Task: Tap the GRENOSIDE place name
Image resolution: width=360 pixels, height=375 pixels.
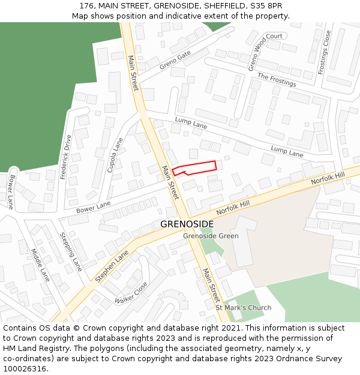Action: click(x=187, y=224)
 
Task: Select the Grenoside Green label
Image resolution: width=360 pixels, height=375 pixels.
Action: click(x=211, y=236)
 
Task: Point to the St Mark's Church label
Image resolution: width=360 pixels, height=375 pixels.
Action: click(x=243, y=308)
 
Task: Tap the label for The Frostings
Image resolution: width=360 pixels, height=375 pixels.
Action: click(x=277, y=80)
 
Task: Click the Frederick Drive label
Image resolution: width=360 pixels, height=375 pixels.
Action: click(x=65, y=157)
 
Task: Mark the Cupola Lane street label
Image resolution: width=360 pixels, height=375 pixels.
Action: click(x=115, y=155)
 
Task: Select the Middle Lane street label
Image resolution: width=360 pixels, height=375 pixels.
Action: click(x=40, y=265)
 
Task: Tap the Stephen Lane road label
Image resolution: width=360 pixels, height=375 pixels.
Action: click(x=112, y=266)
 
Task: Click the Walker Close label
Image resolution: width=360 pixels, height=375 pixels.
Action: click(x=131, y=293)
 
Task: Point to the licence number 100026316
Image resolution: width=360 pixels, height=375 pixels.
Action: click(x=25, y=368)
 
